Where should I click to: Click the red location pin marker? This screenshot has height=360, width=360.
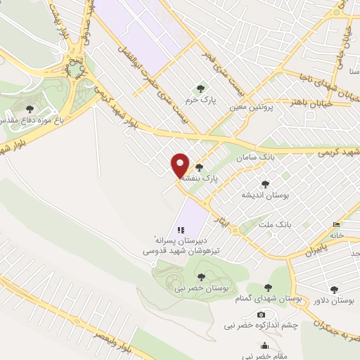(x=181, y=166)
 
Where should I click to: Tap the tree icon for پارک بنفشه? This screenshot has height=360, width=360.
(x=199, y=168)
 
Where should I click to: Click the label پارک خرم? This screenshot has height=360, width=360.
(x=201, y=101)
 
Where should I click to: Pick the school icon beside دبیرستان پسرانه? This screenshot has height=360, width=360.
(x=180, y=229)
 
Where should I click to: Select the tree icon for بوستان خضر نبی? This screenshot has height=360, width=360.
(x=202, y=276)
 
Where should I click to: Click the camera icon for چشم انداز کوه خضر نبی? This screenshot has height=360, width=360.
(x=261, y=314)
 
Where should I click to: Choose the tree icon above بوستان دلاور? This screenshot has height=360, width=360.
(x=333, y=289)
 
